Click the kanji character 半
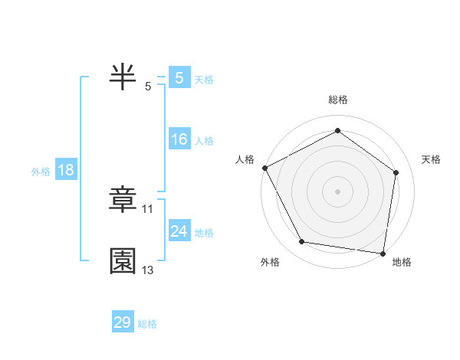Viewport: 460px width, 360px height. pyautogui.click(x=123, y=77)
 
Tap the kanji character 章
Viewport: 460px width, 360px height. pyautogui.click(x=123, y=200)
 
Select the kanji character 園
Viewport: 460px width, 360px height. pyautogui.click(x=123, y=261)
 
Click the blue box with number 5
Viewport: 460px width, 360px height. pyautogui.click(x=179, y=78)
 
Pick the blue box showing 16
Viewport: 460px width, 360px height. pyautogui.click(x=179, y=139)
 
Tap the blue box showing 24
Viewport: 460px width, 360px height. pyautogui.click(x=179, y=231)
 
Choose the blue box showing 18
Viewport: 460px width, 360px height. pyautogui.click(x=66, y=170)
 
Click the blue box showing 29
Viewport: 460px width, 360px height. pyautogui.click(x=123, y=322)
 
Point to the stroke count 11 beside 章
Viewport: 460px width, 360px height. pyautogui.click(x=148, y=208)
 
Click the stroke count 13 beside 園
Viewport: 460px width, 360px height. pyautogui.click(x=148, y=270)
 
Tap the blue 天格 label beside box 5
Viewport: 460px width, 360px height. pyautogui.click(x=204, y=80)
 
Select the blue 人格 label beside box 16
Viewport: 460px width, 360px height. pyautogui.click(x=204, y=141)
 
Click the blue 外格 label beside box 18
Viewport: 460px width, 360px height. pyautogui.click(x=41, y=172)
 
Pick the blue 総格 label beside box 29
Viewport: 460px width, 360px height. pyautogui.click(x=147, y=324)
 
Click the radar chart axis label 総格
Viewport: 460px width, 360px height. pyautogui.click(x=338, y=100)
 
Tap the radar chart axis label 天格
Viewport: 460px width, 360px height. pyautogui.click(x=432, y=159)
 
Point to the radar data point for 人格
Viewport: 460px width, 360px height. pyautogui.click(x=264, y=168)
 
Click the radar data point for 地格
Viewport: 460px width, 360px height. pyautogui.click(x=383, y=252)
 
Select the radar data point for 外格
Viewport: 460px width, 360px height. pyautogui.click(x=302, y=242)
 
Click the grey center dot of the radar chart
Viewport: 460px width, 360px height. pyautogui.click(x=338, y=191)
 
